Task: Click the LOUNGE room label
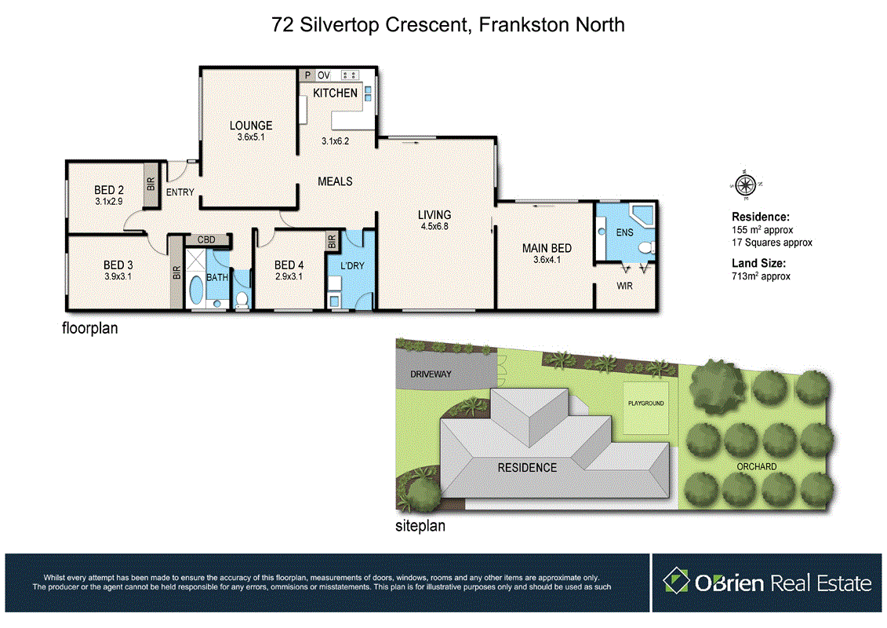pos(251,126)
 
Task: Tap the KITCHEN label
pos(335,93)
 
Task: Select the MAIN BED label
pos(547,249)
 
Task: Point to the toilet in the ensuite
pos(646,249)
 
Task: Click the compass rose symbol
pos(745,186)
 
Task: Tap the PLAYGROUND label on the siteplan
pos(645,403)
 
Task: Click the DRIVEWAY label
pos(431,374)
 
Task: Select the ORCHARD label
pos(757,466)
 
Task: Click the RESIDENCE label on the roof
pos(527,468)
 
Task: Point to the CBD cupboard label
pos(207,240)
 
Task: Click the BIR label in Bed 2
pos(151,184)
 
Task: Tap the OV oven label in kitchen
pos(323,75)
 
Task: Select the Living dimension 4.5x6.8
pos(434,227)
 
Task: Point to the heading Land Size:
pos(758,264)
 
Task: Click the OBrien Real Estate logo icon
pos(676,582)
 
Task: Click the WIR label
pos(624,286)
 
